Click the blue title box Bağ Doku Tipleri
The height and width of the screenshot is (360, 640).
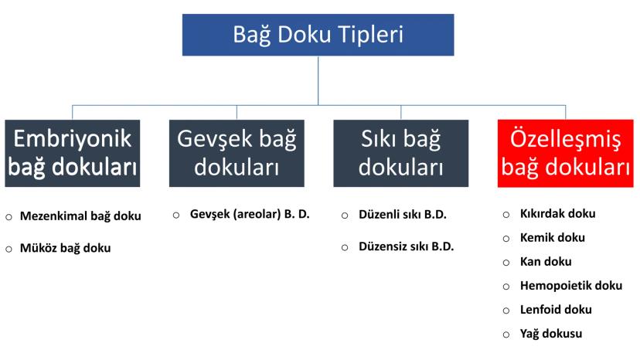[318, 35]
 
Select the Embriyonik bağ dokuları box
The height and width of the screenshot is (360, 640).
[72, 153]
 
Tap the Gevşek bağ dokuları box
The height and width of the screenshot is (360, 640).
[237, 153]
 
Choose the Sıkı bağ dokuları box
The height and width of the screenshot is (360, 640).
[401, 153]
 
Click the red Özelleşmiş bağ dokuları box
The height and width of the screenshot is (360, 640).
[565, 153]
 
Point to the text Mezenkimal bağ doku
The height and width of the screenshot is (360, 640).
[80, 216]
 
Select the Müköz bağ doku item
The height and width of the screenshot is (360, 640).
[65, 248]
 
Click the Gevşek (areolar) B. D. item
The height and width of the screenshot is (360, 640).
[250, 214]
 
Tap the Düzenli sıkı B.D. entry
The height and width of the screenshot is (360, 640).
[403, 214]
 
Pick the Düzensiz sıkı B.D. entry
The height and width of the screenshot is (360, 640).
[406, 246]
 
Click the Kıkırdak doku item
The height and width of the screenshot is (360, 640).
[557, 213]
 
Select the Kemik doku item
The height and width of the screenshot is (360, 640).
[552, 237]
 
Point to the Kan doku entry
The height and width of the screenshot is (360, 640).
[546, 261]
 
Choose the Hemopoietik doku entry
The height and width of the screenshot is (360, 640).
[571, 285]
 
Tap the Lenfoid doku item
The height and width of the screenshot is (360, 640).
[556, 309]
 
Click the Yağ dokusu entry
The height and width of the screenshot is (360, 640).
[551, 334]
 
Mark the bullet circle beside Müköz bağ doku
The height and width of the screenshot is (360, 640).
[9, 249]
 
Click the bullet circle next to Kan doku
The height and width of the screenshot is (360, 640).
[506, 263]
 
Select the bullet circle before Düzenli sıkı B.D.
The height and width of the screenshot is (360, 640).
[345, 216]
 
